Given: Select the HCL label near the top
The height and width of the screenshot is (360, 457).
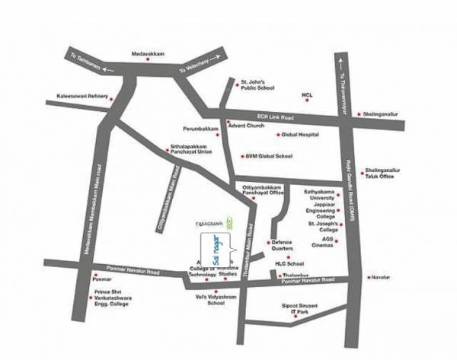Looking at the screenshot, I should (x=308, y=96).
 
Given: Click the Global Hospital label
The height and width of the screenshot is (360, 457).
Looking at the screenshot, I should (x=299, y=135).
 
